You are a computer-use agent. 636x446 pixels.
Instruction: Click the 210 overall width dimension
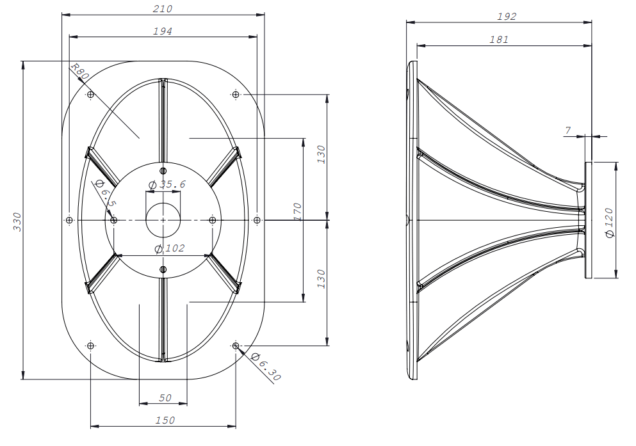pyautogui.click(x=163, y=9)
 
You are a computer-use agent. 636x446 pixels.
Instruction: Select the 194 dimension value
pyautogui.click(x=163, y=31)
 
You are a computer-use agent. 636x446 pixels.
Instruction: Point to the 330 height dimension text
pyautogui.click(x=17, y=221)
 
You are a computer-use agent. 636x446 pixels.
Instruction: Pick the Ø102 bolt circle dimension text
pyautogui.click(x=169, y=248)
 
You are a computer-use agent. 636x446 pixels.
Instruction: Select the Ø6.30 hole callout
pyautogui.click(x=266, y=367)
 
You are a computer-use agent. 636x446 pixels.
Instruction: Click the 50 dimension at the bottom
pyautogui.click(x=165, y=397)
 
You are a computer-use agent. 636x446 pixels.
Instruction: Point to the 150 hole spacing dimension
pyautogui.click(x=165, y=420)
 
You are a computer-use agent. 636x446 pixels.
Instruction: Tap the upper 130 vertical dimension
pyautogui.click(x=321, y=154)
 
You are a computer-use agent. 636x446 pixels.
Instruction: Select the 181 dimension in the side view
pyautogui.click(x=498, y=39)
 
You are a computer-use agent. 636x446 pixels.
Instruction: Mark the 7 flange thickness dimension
pyautogui.click(x=567, y=131)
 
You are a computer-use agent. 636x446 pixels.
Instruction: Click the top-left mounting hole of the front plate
pyautogui.click(x=90, y=95)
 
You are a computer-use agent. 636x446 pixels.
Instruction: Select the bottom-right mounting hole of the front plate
pyautogui.click(x=236, y=346)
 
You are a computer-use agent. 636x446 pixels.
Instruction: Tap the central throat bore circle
pyautogui.click(x=163, y=220)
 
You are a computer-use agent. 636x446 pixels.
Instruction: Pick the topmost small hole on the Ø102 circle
pyautogui.click(x=163, y=171)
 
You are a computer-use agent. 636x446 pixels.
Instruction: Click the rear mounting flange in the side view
pyautogui.click(x=588, y=220)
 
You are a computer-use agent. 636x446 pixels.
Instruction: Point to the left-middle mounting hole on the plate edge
pyautogui.click(x=69, y=220)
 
